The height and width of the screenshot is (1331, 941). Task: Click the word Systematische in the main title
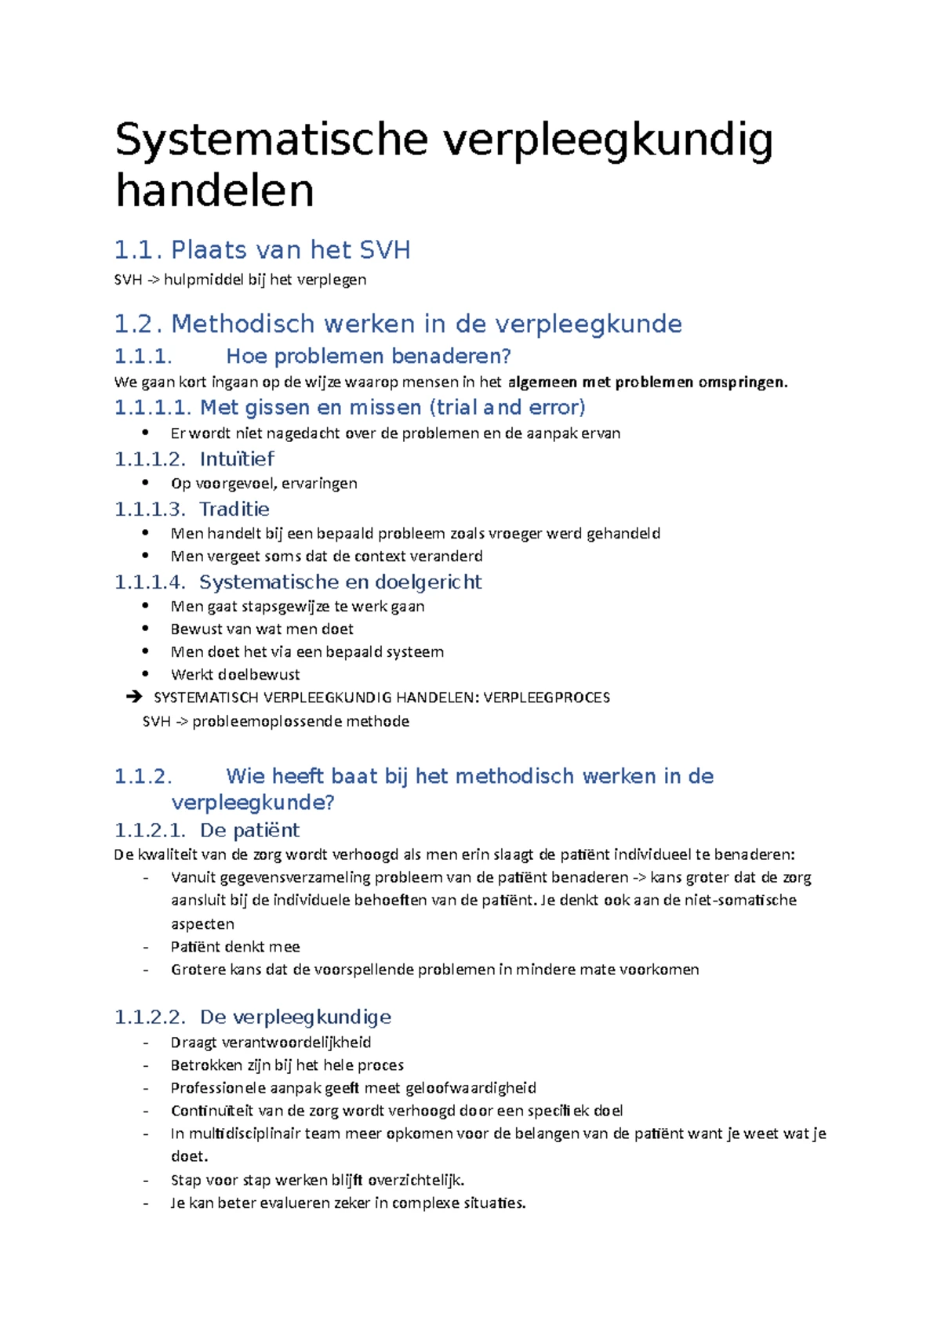pos(271,140)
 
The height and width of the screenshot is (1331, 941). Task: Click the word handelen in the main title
pos(214,190)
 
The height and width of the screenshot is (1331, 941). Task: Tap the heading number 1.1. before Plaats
pos(138,250)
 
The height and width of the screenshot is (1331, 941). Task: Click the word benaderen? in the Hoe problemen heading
pos(451,357)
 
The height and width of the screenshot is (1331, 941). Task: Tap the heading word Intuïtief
pos(237,459)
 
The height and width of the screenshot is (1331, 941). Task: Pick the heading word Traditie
pos(234,510)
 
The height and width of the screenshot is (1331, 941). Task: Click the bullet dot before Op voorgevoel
pos(145,483)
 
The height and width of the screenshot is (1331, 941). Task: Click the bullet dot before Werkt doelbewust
pos(145,674)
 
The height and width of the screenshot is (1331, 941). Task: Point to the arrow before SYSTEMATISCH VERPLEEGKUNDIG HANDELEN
pos(134,697)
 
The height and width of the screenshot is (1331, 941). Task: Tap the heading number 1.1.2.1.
pos(150,830)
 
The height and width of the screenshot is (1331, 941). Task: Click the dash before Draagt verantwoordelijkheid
pos(145,1043)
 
